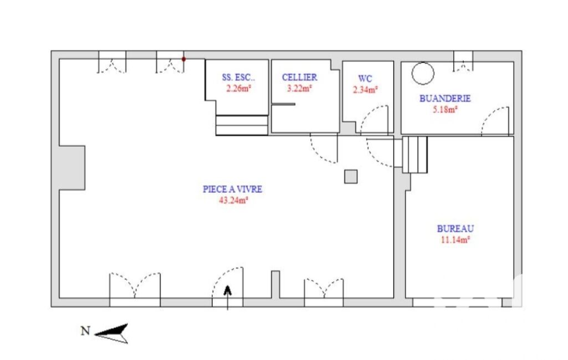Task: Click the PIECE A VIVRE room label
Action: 232,189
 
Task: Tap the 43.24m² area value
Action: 233,200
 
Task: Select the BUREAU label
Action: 456,229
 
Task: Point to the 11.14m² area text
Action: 456,239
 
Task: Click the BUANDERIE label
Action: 445,99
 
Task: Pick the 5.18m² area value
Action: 445,109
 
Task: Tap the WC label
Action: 365,79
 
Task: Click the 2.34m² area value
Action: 366,90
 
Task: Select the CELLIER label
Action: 300,77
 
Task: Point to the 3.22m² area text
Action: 300,88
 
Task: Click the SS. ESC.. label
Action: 238,77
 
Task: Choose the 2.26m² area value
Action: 239,88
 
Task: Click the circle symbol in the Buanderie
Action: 423,63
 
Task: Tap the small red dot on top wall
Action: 183,59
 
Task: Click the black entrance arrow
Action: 228,297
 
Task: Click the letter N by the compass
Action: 85,331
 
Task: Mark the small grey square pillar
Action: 351,177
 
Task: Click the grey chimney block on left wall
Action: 72,168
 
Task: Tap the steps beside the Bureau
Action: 415,155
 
